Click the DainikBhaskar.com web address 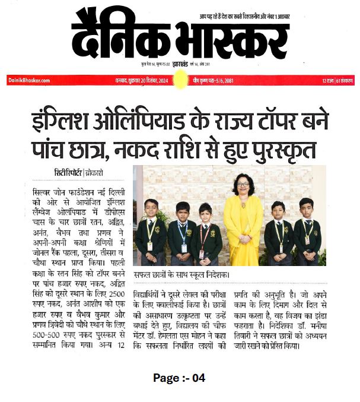click(29, 80)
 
